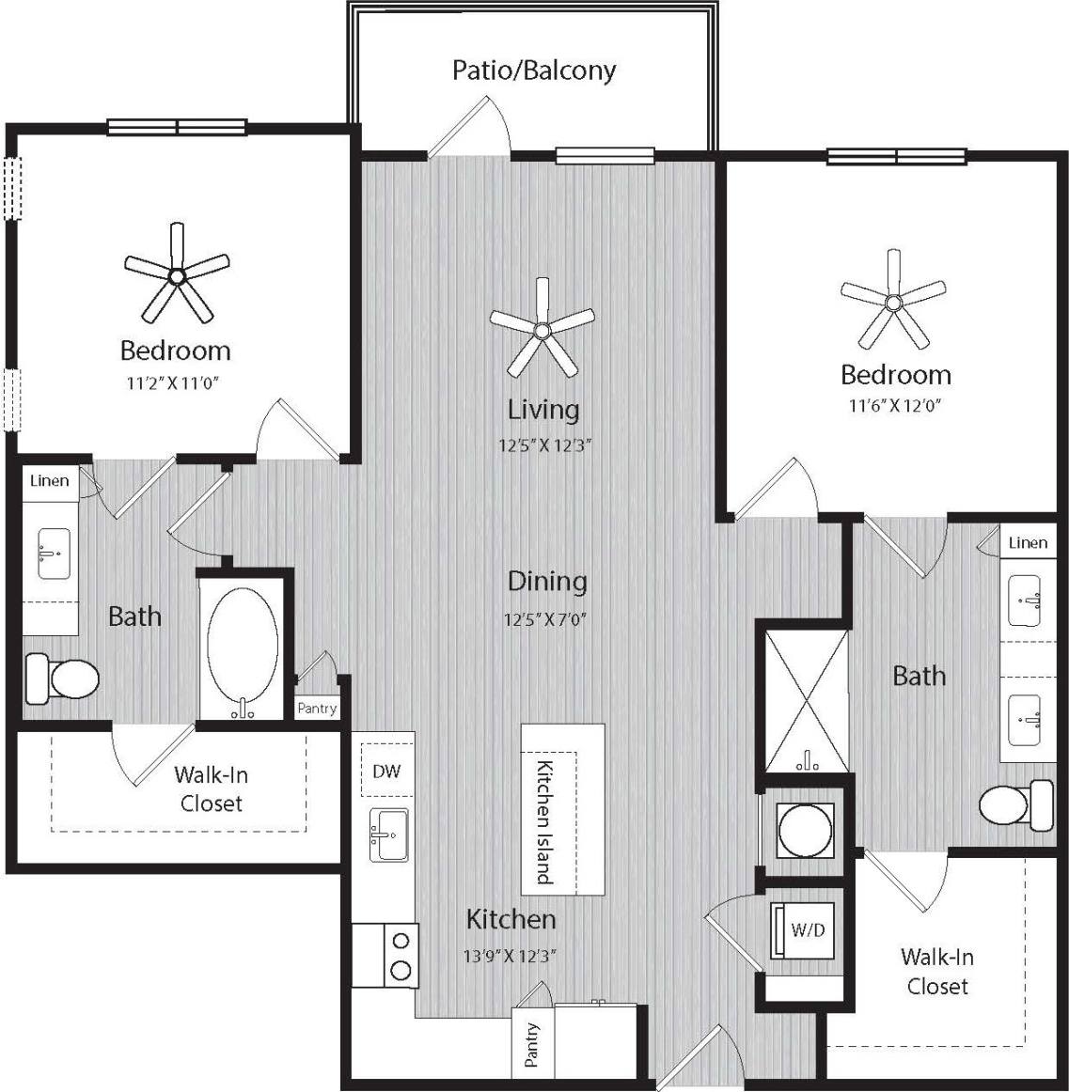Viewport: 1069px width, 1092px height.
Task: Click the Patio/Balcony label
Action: point(533,70)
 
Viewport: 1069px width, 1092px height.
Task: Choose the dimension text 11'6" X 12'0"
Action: point(895,406)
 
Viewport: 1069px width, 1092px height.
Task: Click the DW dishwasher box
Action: point(386,772)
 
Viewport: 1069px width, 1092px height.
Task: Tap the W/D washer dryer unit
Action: point(805,930)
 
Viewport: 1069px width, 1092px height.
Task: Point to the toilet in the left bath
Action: point(63,678)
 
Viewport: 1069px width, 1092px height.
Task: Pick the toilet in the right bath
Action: point(1015,804)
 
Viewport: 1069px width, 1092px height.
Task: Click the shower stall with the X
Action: point(806,700)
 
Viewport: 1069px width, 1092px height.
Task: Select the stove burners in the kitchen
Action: point(401,955)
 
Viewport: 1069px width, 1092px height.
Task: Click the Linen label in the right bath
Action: point(1027,543)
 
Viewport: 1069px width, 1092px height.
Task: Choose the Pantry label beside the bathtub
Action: point(316,709)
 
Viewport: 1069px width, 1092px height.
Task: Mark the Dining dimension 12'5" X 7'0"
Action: point(545,619)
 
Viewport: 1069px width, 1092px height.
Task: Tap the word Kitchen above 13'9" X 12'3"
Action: point(511,918)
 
